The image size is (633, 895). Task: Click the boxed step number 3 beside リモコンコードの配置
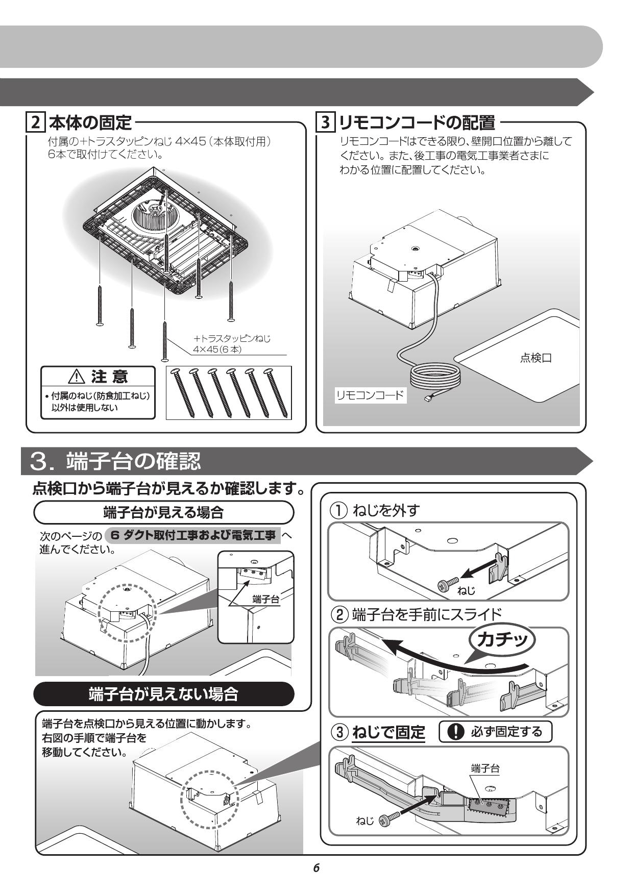326,123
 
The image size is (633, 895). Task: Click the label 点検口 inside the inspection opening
535,358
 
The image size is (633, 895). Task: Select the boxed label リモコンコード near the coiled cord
370,395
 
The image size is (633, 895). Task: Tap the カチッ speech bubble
503,639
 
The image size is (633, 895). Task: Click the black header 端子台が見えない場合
163,694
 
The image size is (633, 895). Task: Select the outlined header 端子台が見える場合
163,512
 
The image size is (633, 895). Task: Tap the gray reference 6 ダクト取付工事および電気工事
192,536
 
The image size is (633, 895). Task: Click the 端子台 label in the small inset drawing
266,599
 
